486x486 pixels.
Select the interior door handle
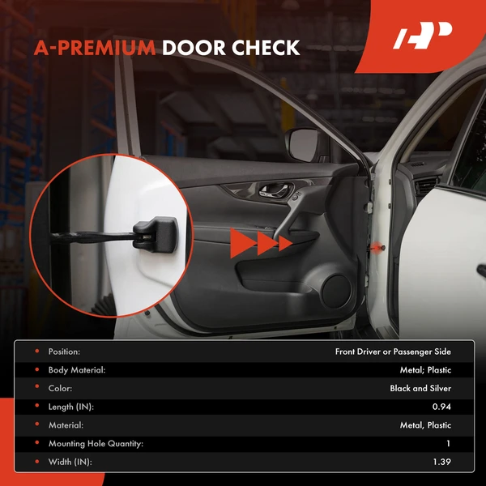pos(271,193)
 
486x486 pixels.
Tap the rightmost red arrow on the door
pos(284,243)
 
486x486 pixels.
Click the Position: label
pos(64,352)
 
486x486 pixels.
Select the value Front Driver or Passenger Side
pos(393,352)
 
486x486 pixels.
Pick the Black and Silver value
pos(420,388)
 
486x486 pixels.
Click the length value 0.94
pos(441,407)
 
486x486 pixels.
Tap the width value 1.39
pos(441,462)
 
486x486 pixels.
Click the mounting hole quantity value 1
pos(448,443)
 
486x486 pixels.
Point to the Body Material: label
pos(77,370)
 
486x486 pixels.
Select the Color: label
pos(60,388)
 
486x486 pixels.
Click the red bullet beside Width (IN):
pos(36,462)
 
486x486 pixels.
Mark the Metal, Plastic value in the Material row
pos(425,425)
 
